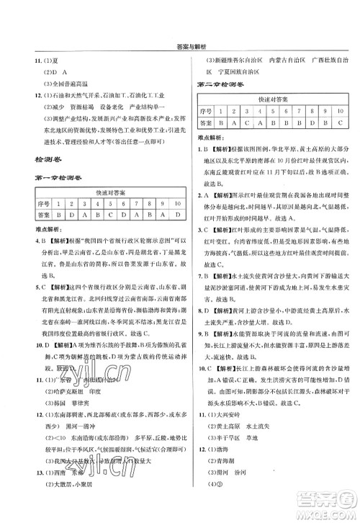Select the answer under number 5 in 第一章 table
(x=106, y=214)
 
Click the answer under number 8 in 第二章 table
(x=305, y=122)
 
